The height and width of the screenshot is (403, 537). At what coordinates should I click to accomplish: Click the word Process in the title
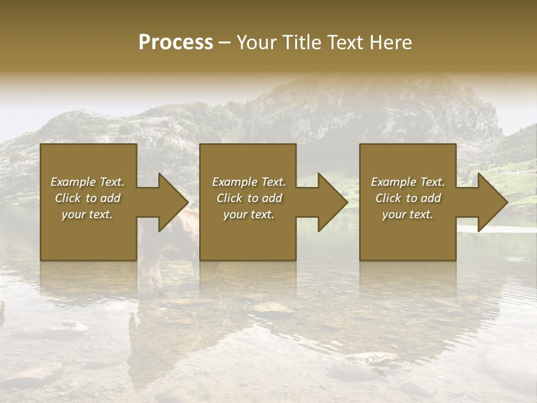[176, 43]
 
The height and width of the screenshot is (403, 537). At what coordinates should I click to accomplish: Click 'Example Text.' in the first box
[87, 182]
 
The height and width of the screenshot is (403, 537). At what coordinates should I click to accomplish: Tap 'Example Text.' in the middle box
[249, 182]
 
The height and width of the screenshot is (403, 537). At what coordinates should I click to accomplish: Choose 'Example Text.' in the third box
[408, 182]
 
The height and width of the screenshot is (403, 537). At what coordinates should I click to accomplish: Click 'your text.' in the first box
[87, 214]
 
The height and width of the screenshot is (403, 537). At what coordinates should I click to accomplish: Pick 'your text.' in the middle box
[249, 214]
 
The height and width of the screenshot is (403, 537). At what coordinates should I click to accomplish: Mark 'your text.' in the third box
[408, 214]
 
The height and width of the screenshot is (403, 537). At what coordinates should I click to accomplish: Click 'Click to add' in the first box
[87, 198]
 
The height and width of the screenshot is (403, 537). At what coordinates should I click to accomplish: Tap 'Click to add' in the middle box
[249, 198]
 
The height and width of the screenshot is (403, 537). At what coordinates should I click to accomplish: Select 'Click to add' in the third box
[408, 198]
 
